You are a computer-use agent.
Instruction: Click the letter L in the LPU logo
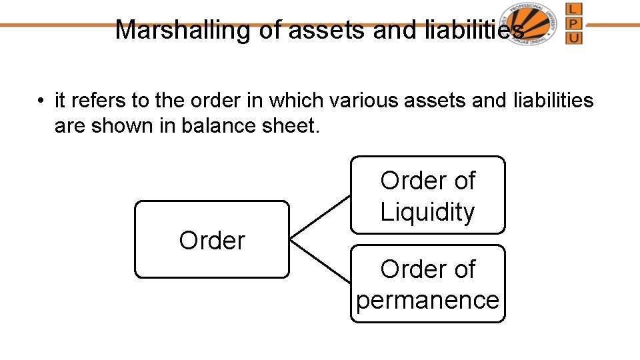573,10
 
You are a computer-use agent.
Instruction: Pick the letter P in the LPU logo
573,23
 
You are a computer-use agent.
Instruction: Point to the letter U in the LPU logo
573,37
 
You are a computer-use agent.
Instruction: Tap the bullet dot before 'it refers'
41,101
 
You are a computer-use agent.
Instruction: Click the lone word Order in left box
212,240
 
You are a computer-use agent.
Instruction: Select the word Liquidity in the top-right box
427,212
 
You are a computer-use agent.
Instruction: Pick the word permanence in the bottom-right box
427,300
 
